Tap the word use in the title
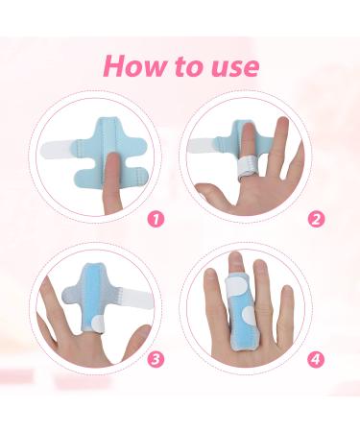232,66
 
